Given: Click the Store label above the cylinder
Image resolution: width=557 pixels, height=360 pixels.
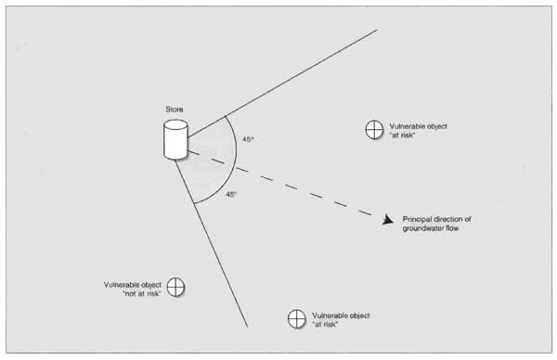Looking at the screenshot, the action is point(175,109).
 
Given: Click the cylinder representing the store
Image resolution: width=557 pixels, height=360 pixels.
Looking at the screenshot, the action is point(175,139).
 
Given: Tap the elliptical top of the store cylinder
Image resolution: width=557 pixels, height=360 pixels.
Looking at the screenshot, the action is point(175,124).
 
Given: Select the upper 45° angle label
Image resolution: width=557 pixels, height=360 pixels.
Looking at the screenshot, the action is point(248,139).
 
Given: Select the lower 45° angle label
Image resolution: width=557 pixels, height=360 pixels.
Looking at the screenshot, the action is point(231,194).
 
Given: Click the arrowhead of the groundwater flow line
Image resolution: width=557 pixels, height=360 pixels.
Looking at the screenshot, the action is point(388,220).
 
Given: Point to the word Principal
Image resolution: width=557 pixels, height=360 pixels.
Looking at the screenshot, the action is point(417,219).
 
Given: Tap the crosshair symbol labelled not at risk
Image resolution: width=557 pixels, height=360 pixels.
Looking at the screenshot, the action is point(175,287).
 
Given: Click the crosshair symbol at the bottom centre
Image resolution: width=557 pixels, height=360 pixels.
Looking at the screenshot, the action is point(297,318).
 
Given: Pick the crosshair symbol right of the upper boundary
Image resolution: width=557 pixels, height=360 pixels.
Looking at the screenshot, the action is point(374,130).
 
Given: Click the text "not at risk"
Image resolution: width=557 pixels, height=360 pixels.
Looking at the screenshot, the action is point(142,293).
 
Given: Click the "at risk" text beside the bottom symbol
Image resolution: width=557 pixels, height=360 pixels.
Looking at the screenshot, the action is point(325,324).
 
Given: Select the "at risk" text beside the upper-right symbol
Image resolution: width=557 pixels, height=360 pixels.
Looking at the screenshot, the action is point(402,135).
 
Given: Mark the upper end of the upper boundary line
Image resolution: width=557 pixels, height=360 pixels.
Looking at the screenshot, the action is point(377,31).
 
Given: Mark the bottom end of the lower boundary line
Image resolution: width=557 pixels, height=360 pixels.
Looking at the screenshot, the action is point(248,327).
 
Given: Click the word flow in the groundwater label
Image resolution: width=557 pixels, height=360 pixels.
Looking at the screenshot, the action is point(452,228).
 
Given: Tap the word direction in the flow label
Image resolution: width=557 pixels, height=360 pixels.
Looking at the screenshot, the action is point(448,219).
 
